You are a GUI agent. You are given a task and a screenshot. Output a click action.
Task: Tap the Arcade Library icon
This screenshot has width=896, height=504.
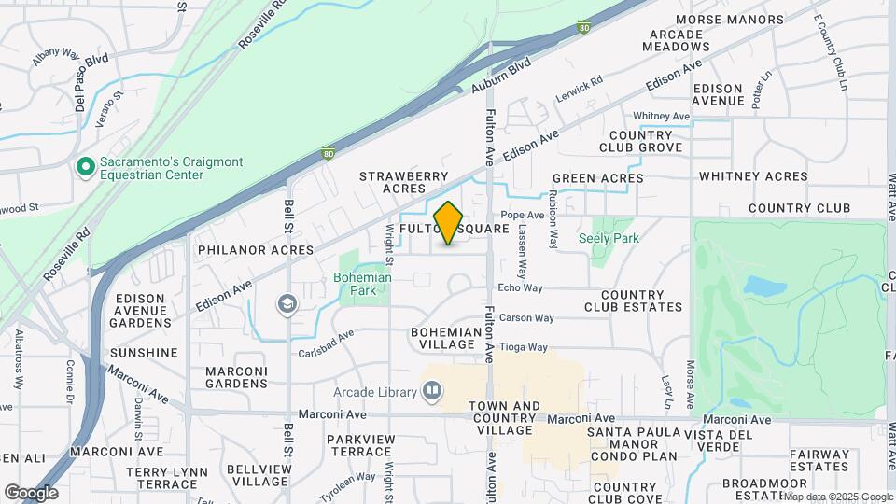(x=431, y=392)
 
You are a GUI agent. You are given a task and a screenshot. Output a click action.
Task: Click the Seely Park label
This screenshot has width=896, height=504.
(x=609, y=238)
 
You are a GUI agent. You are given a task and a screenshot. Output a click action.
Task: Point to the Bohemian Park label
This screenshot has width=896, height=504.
(x=362, y=284)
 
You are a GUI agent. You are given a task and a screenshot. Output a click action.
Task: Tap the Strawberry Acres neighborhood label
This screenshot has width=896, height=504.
(x=404, y=182)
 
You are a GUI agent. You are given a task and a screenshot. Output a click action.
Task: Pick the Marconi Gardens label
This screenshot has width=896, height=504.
(x=236, y=377)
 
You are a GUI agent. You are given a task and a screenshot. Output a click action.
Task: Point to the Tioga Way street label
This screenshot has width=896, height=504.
(x=523, y=347)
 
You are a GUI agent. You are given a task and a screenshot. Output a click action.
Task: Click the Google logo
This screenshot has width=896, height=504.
(x=31, y=493)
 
